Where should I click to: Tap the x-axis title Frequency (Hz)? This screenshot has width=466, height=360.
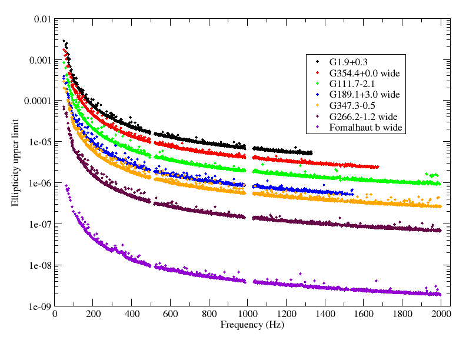coord(248,325)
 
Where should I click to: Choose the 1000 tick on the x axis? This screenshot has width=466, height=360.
coord(248,314)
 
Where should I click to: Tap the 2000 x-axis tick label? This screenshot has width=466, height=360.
coord(441,314)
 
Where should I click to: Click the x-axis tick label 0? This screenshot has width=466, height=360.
coord(55,314)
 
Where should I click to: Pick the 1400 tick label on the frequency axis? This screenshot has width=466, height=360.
coord(325,314)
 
